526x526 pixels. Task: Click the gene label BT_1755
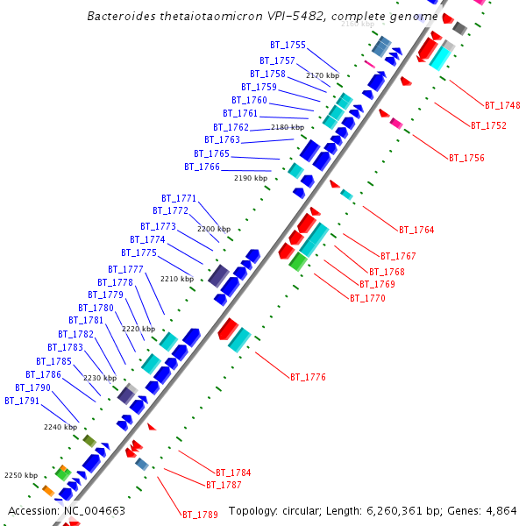coord(288,45)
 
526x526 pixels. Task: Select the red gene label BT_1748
coord(502,105)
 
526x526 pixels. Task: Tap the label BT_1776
coord(308,377)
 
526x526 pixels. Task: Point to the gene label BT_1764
coord(416,230)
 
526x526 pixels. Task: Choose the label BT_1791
coord(22,401)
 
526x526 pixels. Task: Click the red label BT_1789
coord(200,514)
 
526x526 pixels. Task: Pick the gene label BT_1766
coord(202,167)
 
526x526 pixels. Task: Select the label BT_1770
coord(367,298)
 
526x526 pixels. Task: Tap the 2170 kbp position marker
coord(322,75)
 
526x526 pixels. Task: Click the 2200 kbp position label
coord(213,229)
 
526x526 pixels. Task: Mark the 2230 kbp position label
coord(99,378)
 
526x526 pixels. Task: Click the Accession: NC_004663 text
coord(67,510)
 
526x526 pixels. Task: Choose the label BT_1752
coord(488,125)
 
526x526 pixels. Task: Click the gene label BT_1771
coord(179,198)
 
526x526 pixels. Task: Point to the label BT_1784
coord(233,473)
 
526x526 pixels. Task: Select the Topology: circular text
coord(270,510)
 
